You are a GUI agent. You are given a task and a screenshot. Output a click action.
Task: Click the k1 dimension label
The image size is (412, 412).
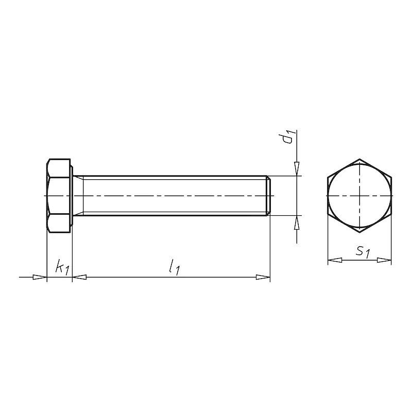coord(62,267)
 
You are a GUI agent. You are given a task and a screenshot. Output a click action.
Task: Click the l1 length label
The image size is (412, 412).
coord(175,267)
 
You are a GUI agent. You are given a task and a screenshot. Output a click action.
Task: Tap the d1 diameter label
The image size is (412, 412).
coord(288,138)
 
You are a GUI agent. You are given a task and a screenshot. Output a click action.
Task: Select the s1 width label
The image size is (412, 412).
coord(363,252)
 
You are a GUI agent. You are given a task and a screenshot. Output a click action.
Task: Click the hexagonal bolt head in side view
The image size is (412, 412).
coord(59,196)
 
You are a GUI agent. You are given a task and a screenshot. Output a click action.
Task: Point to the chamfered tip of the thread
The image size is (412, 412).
coord(268,196)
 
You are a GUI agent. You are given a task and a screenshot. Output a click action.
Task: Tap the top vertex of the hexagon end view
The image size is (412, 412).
coord(359,159)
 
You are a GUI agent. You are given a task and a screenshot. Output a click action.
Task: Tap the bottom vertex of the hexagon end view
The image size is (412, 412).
coord(359,233)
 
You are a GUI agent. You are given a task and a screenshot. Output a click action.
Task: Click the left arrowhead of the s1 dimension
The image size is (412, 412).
coord(335,260)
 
